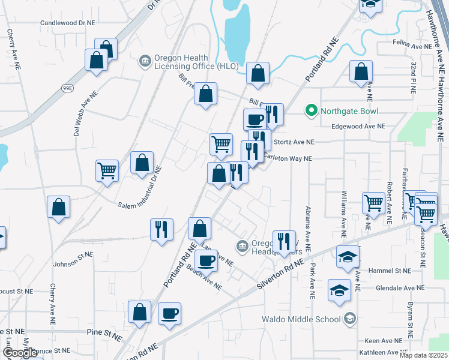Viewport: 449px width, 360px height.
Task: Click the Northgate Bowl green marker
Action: click(x=311, y=110)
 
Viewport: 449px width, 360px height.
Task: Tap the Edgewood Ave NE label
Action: click(x=358, y=126)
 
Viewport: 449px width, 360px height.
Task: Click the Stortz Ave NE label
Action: click(x=294, y=142)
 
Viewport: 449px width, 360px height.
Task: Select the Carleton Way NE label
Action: click(x=288, y=158)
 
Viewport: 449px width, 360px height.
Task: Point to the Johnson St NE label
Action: click(x=73, y=259)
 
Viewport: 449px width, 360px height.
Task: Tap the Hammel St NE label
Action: click(x=390, y=271)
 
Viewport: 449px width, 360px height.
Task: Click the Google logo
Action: click(x=20, y=353)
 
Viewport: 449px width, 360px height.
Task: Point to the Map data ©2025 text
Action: click(x=423, y=355)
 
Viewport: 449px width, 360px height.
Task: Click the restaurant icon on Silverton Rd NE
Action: click(x=283, y=242)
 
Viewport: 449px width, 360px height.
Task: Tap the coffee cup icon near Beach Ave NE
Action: click(x=206, y=260)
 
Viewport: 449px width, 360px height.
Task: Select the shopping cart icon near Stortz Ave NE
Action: click(x=221, y=144)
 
